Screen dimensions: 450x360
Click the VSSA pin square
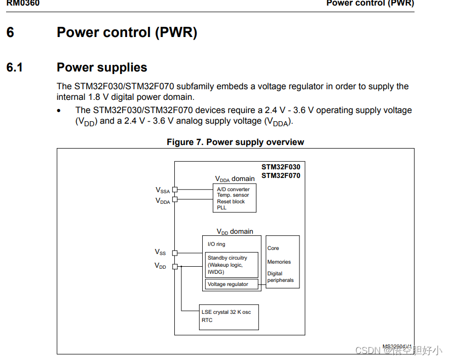pos(175,190)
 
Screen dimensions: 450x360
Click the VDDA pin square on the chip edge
pos(175,199)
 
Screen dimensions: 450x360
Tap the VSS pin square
pos(175,253)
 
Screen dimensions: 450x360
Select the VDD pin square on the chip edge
pos(175,267)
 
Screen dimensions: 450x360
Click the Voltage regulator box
pos(232,284)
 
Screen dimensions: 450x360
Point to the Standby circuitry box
pos(232,265)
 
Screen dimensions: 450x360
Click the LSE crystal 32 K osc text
pos(226,312)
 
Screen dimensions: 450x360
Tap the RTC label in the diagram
pos(207,320)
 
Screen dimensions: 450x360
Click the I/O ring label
pos(216,244)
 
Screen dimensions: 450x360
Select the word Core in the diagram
pos(273,248)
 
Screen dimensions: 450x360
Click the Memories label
pos(279,262)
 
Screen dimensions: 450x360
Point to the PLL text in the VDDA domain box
pos(221,207)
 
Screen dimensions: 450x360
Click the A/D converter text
pos(233,190)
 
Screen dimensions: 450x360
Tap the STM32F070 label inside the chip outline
pos(281,176)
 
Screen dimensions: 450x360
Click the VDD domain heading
pos(235,232)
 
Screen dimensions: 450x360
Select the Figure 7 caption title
pos(235,142)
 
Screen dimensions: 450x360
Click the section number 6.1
pos(14,67)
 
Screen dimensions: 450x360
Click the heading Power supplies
pos(102,67)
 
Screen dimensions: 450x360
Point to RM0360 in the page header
pos(23,3)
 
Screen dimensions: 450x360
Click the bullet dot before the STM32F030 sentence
pos(59,111)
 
